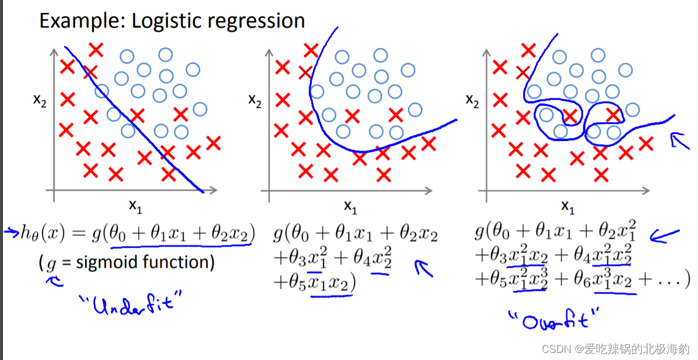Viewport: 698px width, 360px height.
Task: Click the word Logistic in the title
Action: click(164, 22)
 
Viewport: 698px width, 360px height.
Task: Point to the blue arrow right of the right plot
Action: click(680, 141)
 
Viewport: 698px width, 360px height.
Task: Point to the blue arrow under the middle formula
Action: click(424, 268)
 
